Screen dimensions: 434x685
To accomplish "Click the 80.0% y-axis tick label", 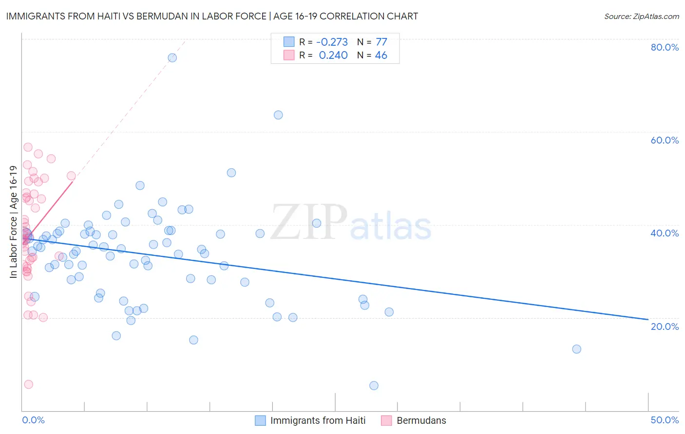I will pos(665,47).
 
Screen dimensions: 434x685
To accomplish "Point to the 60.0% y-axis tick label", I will pos(665,140).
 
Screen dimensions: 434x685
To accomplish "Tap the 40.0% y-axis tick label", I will pos(665,233).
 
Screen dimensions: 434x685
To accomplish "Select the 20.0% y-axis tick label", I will pos(665,326).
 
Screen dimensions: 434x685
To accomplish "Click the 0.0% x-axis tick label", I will pos(33,420).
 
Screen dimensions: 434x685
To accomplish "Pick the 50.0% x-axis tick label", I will pos(665,420).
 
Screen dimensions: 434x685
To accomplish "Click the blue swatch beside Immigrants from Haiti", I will pos(261,420).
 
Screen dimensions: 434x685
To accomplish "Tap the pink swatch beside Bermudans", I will pos(386,420).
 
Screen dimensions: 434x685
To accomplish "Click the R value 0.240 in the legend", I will pos(333,55).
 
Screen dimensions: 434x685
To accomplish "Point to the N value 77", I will pos(381,42).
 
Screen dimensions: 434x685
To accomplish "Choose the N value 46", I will pos(381,55).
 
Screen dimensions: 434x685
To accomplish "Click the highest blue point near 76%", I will pos(172,58).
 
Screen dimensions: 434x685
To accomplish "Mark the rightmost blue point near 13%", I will pos(577,349).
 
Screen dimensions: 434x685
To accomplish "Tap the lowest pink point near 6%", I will pos(29,384).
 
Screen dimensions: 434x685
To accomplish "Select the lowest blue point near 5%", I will pos(374,386).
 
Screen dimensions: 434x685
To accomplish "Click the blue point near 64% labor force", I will pos(278,115).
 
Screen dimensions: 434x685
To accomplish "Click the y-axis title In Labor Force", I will pos(13,222).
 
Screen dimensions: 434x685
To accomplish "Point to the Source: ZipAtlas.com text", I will pos(642,17).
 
